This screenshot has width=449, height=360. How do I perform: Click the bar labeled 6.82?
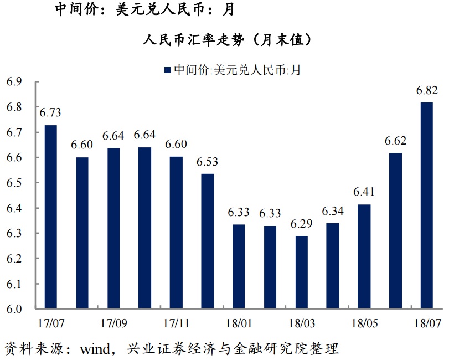tap(427, 205)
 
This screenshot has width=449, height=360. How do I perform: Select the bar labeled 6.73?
tap(50, 217)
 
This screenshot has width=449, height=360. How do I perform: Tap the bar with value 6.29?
tap(301, 272)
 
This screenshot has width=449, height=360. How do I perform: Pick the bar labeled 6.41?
tap(364, 256)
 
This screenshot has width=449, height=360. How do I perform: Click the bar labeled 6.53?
tap(207, 241)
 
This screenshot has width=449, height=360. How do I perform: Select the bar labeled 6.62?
tap(395, 230)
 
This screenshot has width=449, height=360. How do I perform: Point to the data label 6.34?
tap(333, 211)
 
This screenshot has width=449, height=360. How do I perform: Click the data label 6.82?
tap(427, 90)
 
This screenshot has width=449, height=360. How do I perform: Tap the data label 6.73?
tap(50, 113)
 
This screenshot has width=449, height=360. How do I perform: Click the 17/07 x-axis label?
tap(50, 321)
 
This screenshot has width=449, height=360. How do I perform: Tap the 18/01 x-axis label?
tap(239, 321)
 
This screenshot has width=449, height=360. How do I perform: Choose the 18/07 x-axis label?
tap(427, 321)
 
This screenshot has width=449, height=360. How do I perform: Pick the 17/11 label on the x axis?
tap(176, 321)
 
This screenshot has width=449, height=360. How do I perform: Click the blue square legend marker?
tap(167, 70)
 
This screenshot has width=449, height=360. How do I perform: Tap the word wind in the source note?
tap(94, 349)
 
